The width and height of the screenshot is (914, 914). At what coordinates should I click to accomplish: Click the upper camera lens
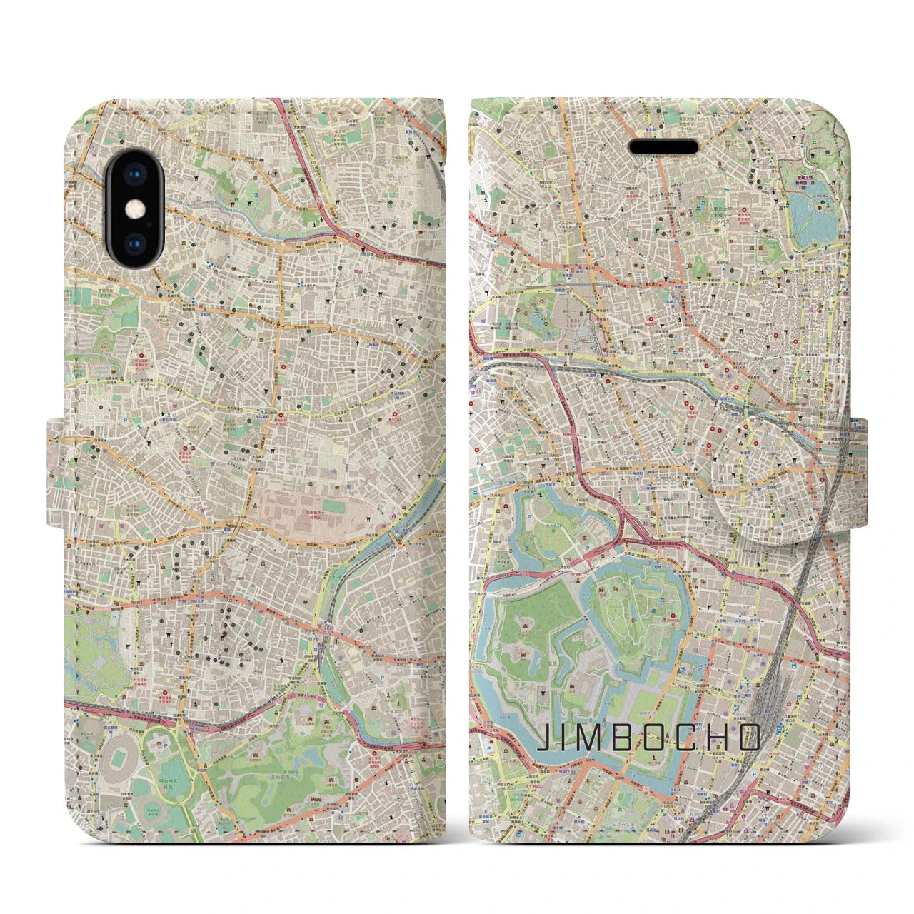point(134,178)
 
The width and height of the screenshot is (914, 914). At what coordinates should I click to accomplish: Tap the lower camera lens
point(134,242)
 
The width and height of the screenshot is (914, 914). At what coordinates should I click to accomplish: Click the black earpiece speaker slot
point(663,146)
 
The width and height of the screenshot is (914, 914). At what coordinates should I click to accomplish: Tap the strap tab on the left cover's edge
point(56,475)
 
